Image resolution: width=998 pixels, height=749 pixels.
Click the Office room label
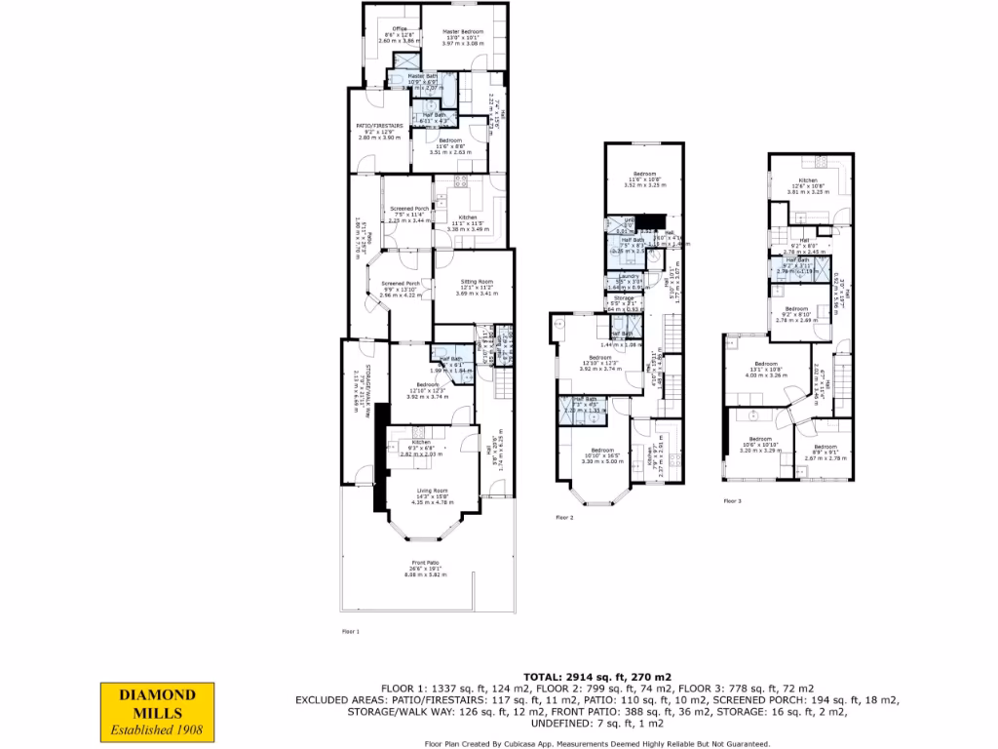399,29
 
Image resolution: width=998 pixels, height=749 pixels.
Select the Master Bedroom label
462,32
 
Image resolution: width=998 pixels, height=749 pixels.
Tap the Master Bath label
423,76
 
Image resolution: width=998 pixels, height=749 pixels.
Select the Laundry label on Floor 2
630,276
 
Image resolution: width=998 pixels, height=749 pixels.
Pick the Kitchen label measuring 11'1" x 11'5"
467,217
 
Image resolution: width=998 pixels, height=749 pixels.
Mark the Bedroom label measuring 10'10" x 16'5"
601,450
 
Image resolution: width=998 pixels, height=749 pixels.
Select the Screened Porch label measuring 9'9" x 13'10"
400,287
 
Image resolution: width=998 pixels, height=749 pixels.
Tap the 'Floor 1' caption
351,632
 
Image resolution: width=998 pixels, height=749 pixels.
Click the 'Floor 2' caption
564,518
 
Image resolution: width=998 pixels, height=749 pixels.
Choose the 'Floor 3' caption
732,501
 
